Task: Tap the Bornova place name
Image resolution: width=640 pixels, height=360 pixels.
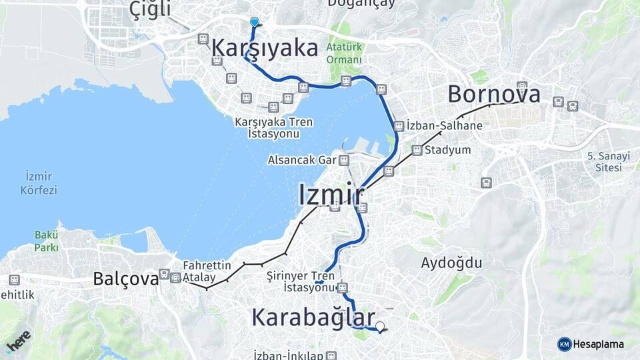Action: click(493, 94)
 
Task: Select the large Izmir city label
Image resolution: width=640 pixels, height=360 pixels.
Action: click(331, 195)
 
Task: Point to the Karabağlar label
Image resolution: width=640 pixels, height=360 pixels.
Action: click(313, 317)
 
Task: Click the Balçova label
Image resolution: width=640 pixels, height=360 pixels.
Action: click(126, 278)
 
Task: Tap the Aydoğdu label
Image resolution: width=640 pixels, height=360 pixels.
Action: click(451, 263)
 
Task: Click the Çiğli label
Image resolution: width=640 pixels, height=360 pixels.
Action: click(151, 9)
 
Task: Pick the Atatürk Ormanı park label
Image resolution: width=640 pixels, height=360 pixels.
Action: click(345, 53)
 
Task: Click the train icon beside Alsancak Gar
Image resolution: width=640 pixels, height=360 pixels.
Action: click(343, 161)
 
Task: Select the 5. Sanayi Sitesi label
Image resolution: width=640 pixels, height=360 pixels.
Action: click(604, 161)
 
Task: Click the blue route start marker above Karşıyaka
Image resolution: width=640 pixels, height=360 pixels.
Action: click(254, 21)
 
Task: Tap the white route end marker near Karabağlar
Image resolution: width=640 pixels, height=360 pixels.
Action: click(380, 327)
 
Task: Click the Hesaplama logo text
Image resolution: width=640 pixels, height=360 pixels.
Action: click(598, 344)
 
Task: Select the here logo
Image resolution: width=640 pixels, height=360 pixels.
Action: click(18, 341)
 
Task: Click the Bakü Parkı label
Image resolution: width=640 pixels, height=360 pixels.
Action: click(46, 241)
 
